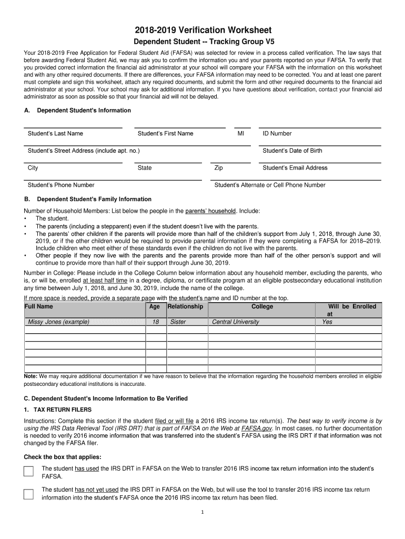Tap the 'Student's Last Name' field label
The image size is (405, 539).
pyautogui.click(x=55, y=134)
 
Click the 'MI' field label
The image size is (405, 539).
pyautogui.click(x=241, y=134)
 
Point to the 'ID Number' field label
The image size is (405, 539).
pyautogui.click(x=277, y=134)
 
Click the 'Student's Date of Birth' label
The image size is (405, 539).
pyautogui.click(x=292, y=151)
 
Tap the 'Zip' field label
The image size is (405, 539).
pyautogui.click(x=219, y=168)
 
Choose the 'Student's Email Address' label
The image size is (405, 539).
pyautogui.click(x=295, y=168)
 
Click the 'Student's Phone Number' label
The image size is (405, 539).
pyautogui.click(x=61, y=185)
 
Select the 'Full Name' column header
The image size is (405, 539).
pyautogui.click(x=39, y=306)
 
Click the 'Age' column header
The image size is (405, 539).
pyautogui.click(x=155, y=306)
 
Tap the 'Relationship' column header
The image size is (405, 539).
pyautogui.click(x=185, y=306)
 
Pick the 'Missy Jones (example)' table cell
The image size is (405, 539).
pyautogui.click(x=59, y=322)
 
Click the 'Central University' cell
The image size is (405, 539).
pyautogui.click(x=235, y=322)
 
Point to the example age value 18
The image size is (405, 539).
pyautogui.click(x=155, y=322)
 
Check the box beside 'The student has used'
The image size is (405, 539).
pyautogui.click(x=28, y=471)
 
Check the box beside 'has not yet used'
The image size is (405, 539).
pyautogui.click(x=28, y=494)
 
